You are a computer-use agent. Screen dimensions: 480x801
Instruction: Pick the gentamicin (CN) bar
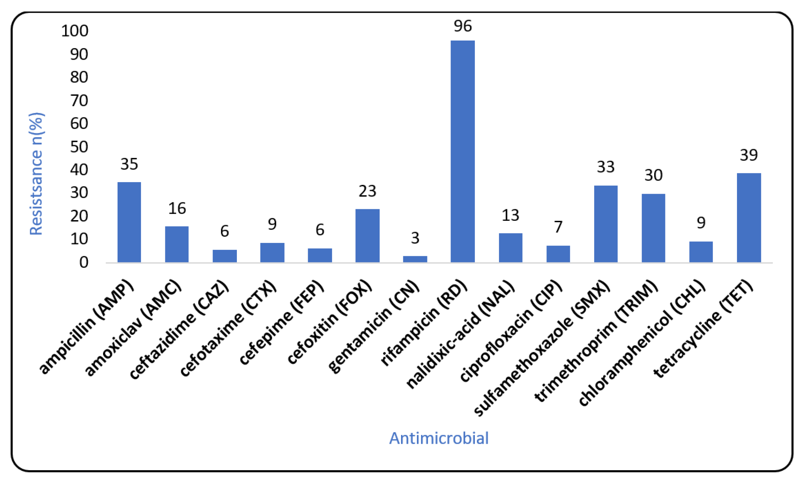[415, 259]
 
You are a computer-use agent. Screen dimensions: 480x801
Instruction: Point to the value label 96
[463, 26]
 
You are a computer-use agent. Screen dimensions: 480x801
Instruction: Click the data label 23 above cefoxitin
[367, 191]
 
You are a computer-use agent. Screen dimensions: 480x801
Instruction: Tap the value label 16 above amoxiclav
[177, 209]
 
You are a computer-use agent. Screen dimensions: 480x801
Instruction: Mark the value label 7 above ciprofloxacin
[558, 227]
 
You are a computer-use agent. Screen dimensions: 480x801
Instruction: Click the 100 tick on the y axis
[74, 31]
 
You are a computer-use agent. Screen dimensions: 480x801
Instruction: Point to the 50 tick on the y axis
[79, 147]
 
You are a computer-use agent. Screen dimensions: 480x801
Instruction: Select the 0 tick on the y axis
[84, 262]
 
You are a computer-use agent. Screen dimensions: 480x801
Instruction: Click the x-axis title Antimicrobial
[439, 438]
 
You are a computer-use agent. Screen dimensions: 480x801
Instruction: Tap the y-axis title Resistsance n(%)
[36, 174]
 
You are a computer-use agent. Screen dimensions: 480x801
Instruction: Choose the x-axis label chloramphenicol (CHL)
[642, 344]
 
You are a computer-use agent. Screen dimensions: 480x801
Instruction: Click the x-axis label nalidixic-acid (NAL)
[460, 335]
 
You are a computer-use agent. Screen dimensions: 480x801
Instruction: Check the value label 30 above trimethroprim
[653, 176]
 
